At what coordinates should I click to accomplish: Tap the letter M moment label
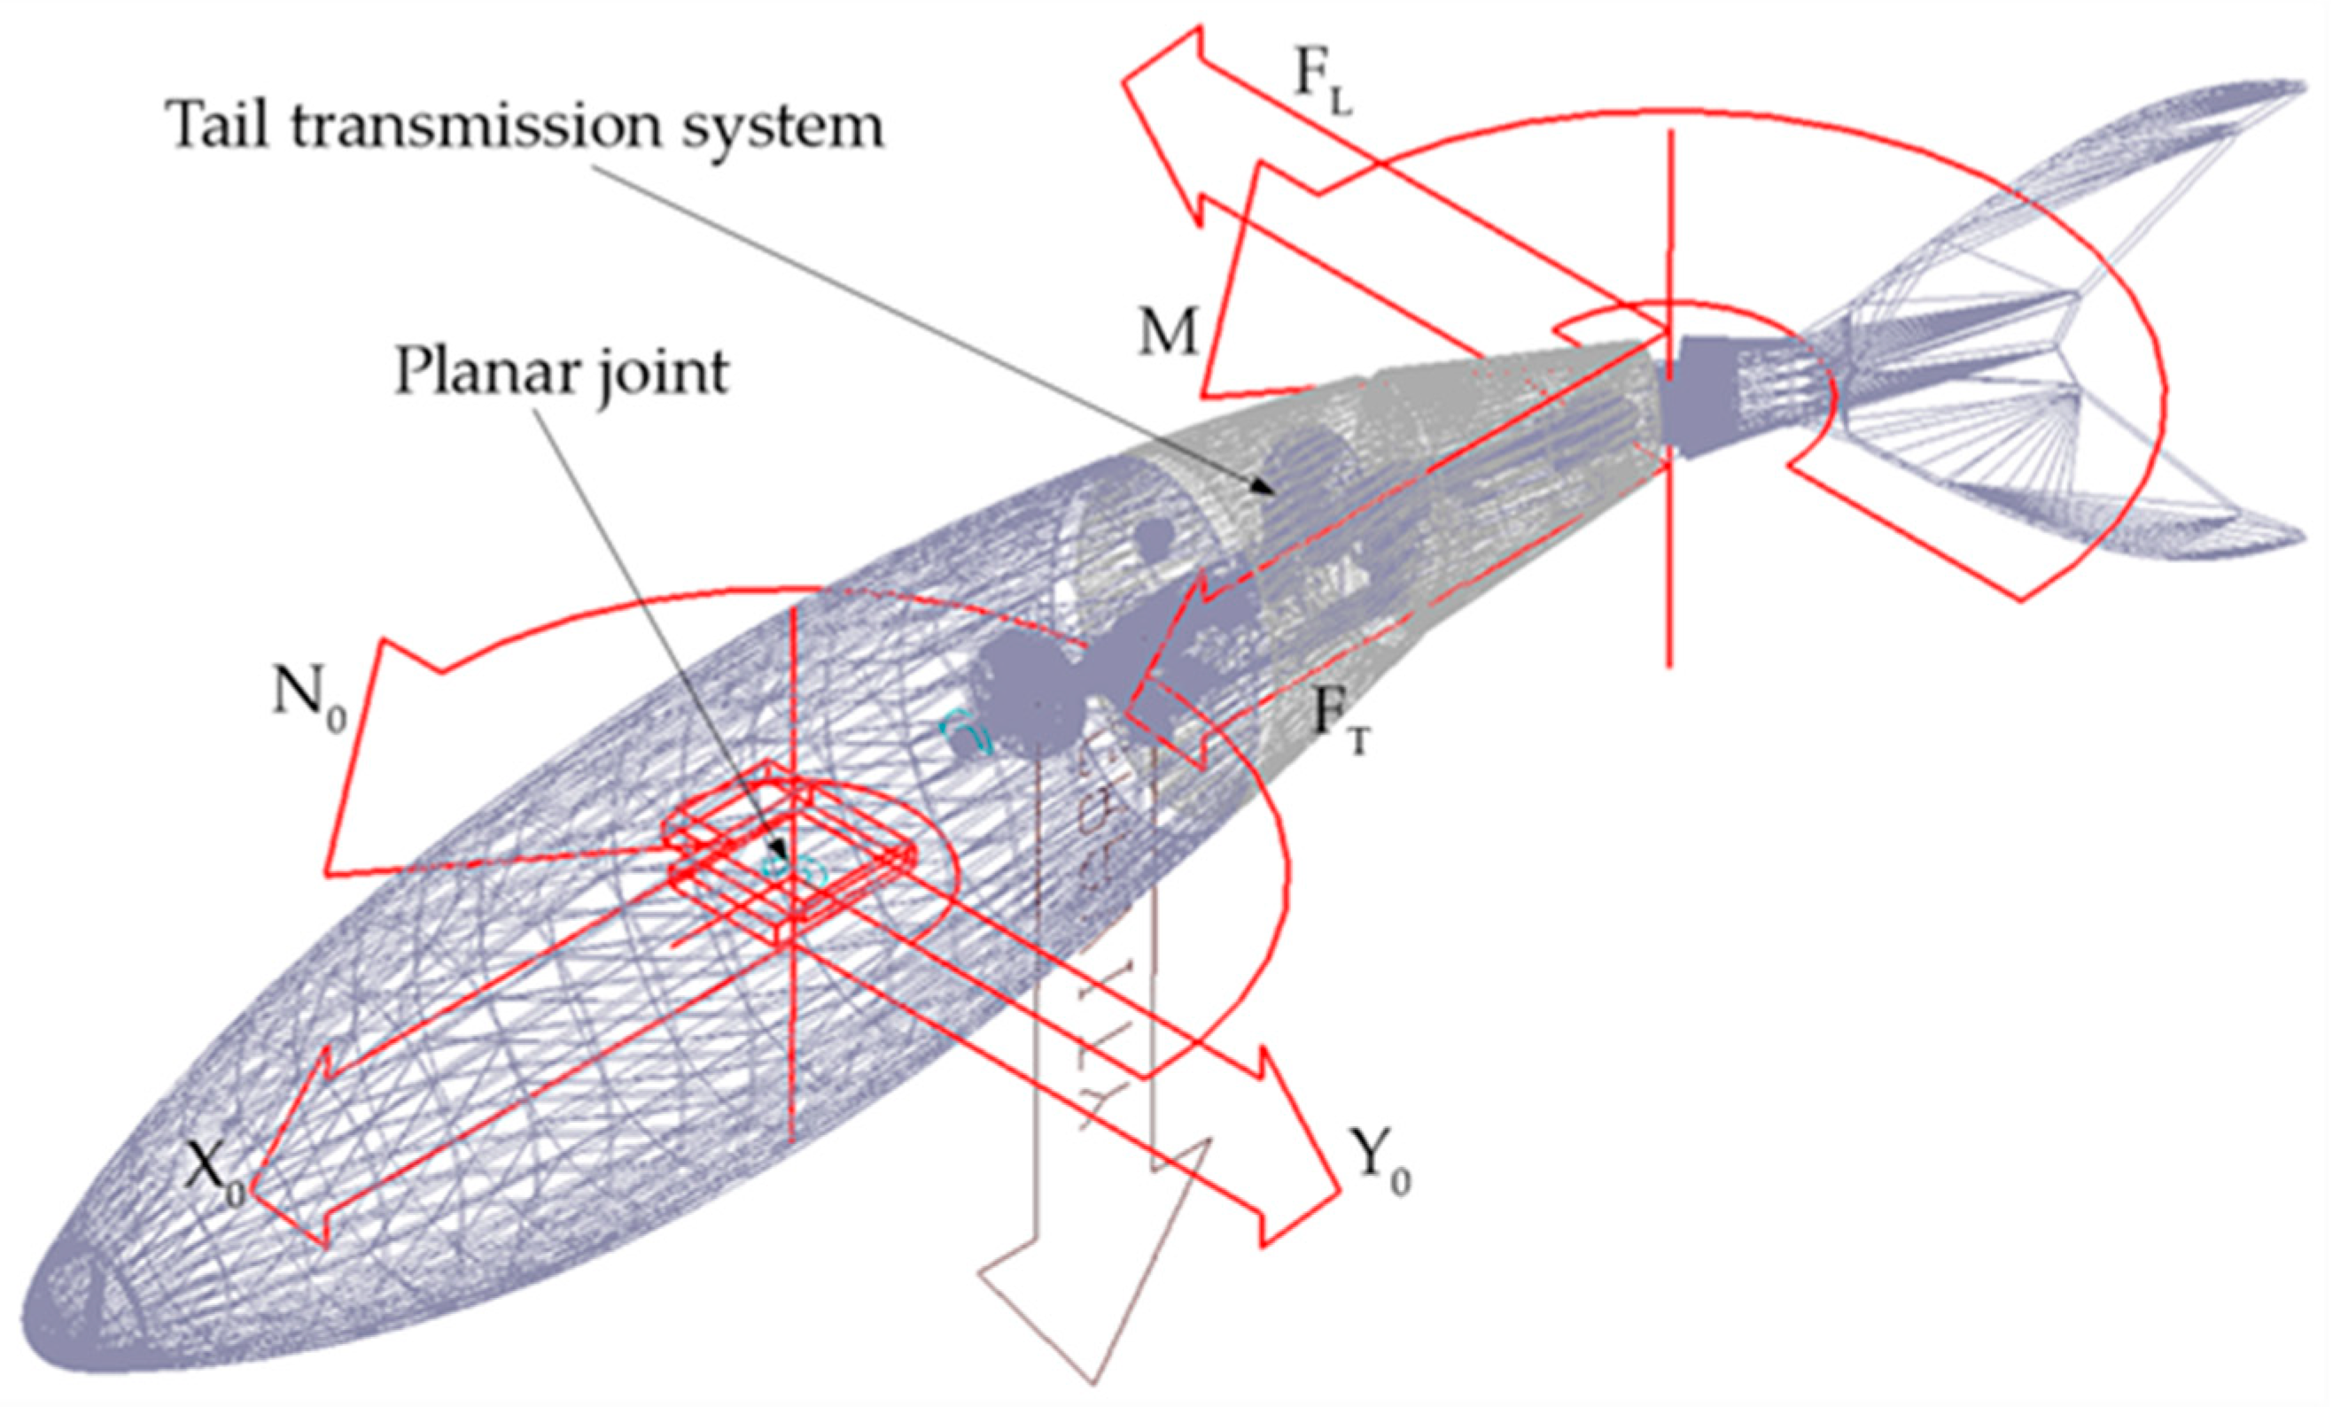[x=1168, y=332]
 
